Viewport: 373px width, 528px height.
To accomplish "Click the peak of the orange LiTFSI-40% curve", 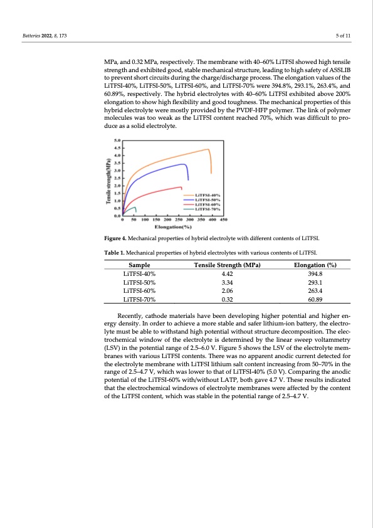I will pyautogui.click(x=208, y=149).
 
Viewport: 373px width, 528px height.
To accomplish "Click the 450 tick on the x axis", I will pyautogui.click(x=224, y=220).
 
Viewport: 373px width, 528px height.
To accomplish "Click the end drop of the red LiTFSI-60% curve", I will pyautogui.click(x=182, y=187).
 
